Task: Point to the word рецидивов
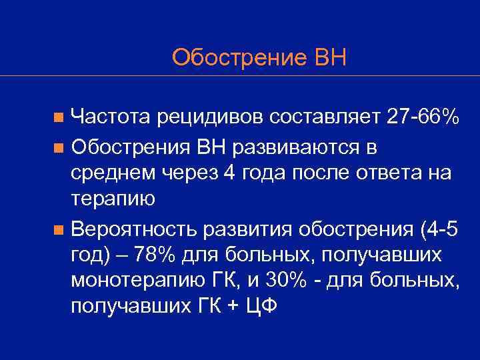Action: click(211, 117)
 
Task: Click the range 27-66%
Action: click(423, 117)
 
